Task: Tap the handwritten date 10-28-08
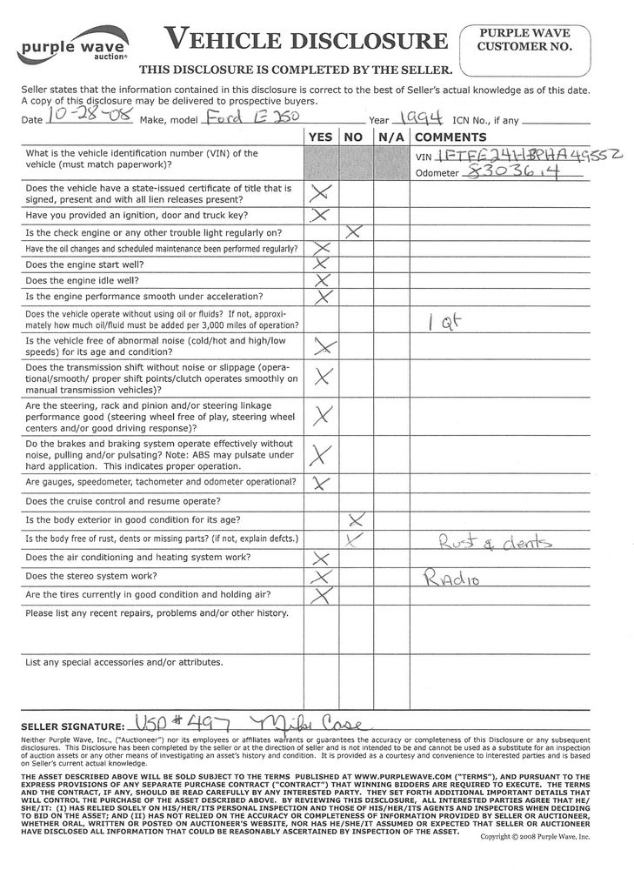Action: (x=78, y=117)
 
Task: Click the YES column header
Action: (x=320, y=137)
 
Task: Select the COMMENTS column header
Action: (x=450, y=137)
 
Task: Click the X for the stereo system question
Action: (x=321, y=577)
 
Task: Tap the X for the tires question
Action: (x=321, y=595)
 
